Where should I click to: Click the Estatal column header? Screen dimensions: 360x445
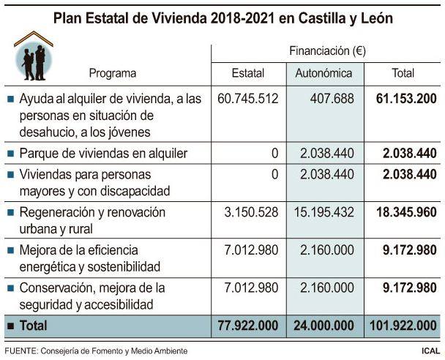tap(247, 73)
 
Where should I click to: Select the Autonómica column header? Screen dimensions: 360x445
tap(324, 73)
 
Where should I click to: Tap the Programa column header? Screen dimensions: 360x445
tap(113, 73)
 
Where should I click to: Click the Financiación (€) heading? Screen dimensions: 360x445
tap(327, 51)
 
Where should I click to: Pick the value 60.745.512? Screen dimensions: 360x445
tap(248, 99)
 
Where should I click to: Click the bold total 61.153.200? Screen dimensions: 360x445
tap(405, 99)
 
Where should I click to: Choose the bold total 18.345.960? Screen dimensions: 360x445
tap(405, 212)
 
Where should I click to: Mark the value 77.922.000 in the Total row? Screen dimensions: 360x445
tap(248, 325)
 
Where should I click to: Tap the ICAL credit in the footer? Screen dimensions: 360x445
tap(430, 351)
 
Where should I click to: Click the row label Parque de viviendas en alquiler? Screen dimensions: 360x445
tap(103, 153)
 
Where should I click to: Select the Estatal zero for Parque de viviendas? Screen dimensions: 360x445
tap(274, 153)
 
